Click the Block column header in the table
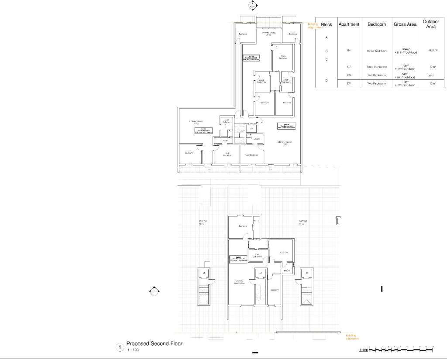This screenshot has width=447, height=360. [x=327, y=25]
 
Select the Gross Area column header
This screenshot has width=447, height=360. [x=405, y=25]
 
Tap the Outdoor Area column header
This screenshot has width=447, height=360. [x=431, y=24]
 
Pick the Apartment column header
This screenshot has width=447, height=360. [x=349, y=24]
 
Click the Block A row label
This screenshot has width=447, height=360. [x=327, y=38]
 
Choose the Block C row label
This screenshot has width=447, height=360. [x=327, y=59]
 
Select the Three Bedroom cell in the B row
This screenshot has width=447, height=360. [x=376, y=51]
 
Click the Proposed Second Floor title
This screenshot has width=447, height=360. [x=155, y=344]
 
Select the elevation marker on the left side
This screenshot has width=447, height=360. [x=153, y=291]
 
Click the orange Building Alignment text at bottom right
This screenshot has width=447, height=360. [x=352, y=336]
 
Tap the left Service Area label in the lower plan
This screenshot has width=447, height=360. [x=202, y=222]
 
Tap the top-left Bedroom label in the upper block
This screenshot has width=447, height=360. [x=243, y=34]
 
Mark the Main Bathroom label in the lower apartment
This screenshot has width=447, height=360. [x=257, y=255]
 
